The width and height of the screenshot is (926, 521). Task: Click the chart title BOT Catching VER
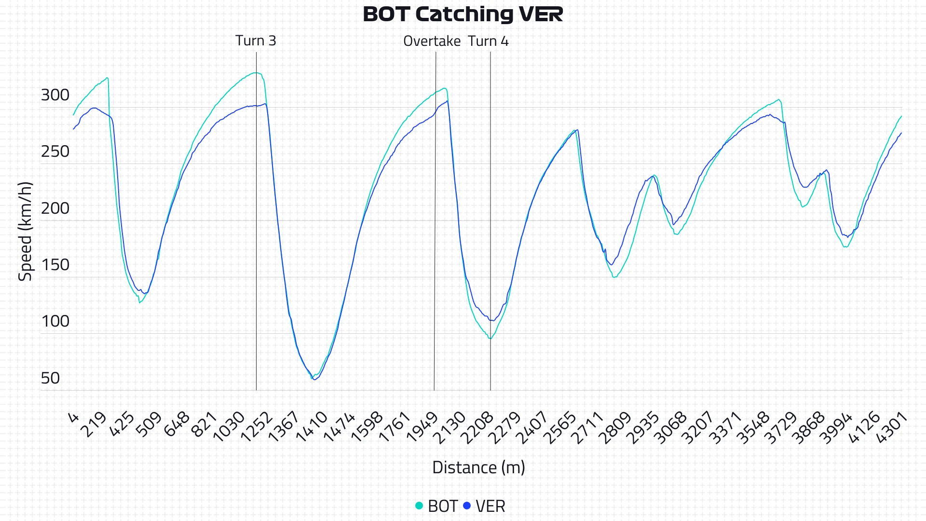(x=463, y=14)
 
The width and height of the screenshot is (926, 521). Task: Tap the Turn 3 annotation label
(x=256, y=41)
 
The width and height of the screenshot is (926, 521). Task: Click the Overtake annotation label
(x=432, y=41)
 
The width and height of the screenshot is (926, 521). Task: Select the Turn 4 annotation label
(x=488, y=41)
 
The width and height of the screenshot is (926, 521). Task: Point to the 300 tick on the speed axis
(x=55, y=95)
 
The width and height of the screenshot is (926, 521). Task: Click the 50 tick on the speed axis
(x=50, y=378)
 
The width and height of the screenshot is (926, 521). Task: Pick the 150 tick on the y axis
(x=55, y=265)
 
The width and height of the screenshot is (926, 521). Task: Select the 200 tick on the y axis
(x=55, y=208)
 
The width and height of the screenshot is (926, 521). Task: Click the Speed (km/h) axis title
(x=25, y=232)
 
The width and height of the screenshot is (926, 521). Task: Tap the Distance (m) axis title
(x=478, y=467)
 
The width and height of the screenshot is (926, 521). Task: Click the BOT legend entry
(x=442, y=506)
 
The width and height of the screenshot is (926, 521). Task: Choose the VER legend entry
(x=490, y=506)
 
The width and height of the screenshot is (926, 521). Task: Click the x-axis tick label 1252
(x=257, y=427)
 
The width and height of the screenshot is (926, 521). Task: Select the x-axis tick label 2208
(x=477, y=427)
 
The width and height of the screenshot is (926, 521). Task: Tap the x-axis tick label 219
(x=94, y=425)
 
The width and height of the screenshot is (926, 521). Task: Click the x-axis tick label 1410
(x=312, y=427)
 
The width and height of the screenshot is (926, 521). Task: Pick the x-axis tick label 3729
(x=781, y=427)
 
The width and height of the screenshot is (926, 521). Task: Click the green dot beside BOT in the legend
(x=419, y=506)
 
